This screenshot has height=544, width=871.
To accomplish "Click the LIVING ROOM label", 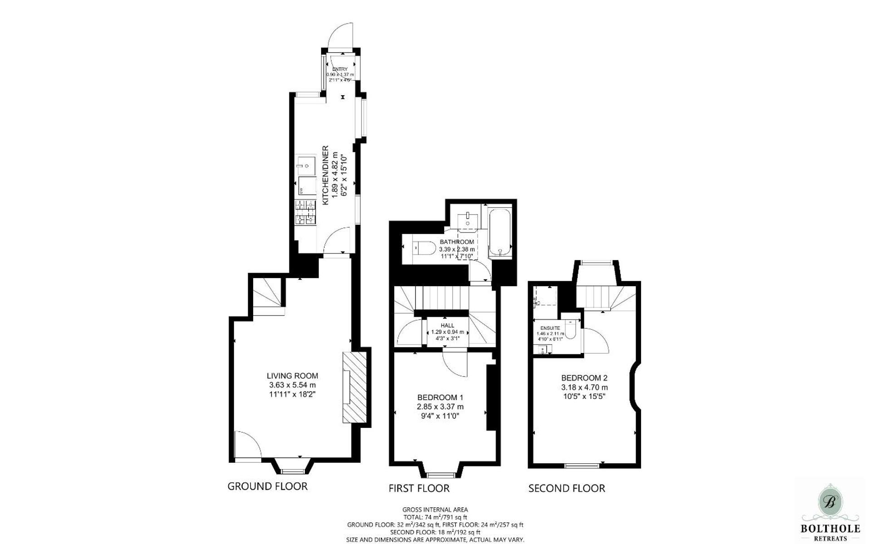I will pos(292,376).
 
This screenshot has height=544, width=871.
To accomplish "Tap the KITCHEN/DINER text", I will pos(325,175).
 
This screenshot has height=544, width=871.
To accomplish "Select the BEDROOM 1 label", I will pos(440,397).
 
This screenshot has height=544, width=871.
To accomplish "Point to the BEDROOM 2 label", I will pos(584,377).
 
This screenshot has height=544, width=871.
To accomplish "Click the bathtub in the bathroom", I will pos(500,232).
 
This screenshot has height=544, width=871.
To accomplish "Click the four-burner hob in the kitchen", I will pos(305,213).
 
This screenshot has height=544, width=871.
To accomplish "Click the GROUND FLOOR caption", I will pos(267,486).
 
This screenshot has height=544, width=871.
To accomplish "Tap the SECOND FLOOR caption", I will pos(567,488).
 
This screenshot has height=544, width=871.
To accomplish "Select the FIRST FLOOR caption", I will pos(419,488).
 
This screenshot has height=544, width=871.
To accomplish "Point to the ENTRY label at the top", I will pos(340,69).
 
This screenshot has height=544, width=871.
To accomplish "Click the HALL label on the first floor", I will pos(447,325).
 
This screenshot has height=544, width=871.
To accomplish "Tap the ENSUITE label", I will pos(550,328).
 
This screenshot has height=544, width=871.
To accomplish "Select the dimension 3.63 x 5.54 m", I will pos(292,385).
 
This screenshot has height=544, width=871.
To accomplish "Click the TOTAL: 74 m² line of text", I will pos(435,517).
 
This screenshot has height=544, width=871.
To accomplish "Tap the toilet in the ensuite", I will pos(571,330).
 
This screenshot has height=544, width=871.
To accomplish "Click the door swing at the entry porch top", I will pos(342,35).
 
